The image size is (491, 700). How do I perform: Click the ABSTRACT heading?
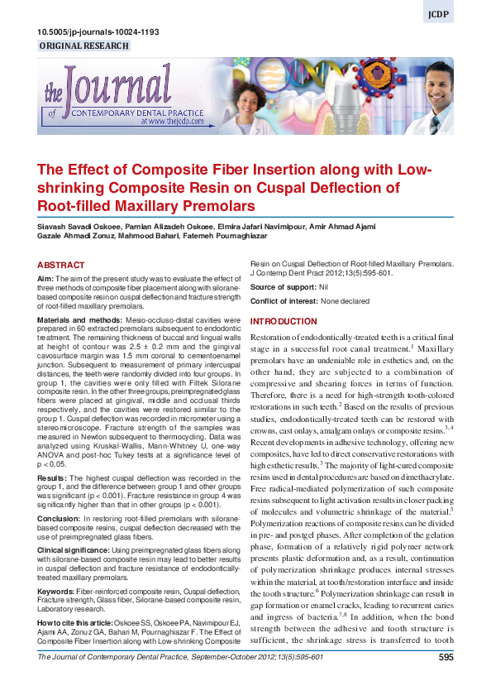[x=61, y=266]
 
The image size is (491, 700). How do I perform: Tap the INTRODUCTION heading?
[x=284, y=321]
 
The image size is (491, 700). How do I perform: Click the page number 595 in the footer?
[x=446, y=680]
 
